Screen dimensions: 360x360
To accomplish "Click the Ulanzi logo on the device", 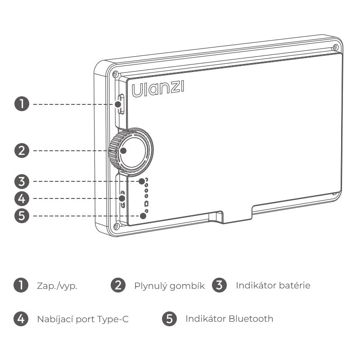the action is [158, 89].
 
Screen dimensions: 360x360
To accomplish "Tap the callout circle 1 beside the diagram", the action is [22, 104].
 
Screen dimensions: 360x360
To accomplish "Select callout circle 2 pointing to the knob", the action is [22, 151].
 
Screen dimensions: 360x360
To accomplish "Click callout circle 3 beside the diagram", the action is [22, 181].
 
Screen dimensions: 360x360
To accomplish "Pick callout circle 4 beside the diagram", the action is [22, 198].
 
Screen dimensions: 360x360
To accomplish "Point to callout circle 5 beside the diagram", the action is [22, 216].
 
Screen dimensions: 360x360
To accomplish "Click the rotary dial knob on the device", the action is [130, 152].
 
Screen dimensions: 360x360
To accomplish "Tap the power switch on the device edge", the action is [121, 104].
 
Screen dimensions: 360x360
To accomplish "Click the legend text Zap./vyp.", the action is [57, 286].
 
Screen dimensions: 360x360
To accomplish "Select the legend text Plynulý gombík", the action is [170, 286].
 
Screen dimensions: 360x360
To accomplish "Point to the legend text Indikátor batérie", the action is [273, 285].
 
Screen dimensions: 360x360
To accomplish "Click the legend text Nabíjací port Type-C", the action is [83, 319].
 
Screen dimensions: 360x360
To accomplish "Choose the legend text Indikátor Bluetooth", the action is [229, 319].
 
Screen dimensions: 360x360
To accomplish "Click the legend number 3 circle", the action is [219, 285].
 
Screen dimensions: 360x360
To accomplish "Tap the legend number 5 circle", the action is [169, 319].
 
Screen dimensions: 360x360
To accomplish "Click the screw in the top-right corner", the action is [335, 48].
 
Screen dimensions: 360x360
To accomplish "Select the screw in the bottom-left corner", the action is [116, 226].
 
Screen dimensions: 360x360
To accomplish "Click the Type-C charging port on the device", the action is [122, 199].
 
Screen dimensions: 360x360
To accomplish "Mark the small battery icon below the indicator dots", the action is [146, 204].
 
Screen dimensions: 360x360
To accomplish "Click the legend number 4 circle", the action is [21, 319].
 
